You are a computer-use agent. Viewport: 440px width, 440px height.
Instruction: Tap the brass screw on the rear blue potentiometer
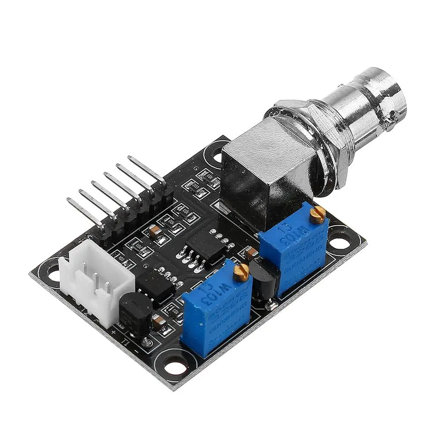coord(317,214)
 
